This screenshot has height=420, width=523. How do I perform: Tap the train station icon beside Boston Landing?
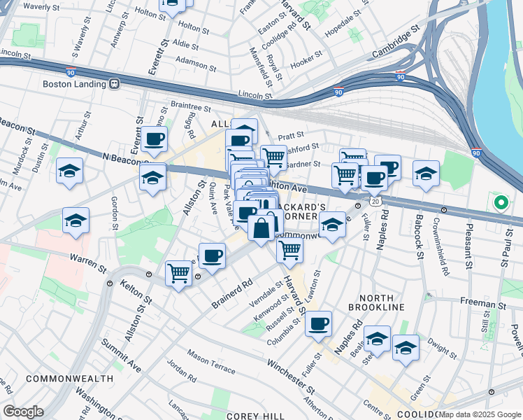tap(114, 83)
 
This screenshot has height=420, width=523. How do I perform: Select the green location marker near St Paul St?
tap(501, 204)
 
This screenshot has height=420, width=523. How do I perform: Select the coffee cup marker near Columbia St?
tap(319, 323)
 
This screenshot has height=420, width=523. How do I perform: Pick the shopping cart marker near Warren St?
tap(179, 272)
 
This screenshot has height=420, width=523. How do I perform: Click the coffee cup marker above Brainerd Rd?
tap(212, 255)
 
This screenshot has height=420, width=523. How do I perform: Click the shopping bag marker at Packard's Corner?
tap(261, 228)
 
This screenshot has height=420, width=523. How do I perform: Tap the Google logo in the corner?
tap(23, 412)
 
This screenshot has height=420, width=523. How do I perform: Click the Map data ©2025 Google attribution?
tap(480, 415)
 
